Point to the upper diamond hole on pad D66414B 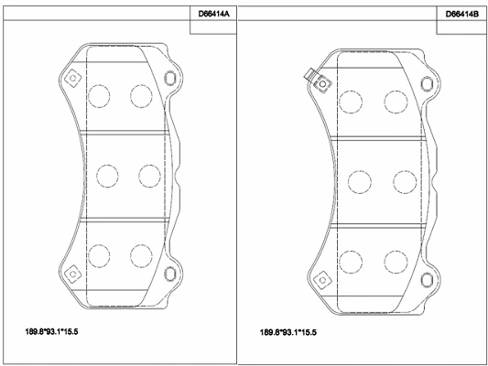322,85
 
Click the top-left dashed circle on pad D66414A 99,94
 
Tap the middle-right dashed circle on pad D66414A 147,174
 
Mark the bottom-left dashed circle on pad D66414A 99,253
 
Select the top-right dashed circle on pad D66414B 395,101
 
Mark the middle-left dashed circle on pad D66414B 354,180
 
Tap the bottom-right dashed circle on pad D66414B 395,260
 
